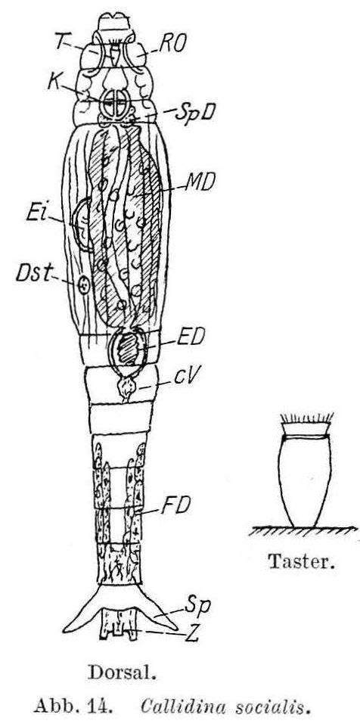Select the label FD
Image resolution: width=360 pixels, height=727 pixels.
click(x=175, y=505)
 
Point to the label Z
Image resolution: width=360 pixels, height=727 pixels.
click(x=191, y=633)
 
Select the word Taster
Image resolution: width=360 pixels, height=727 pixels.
click(x=302, y=562)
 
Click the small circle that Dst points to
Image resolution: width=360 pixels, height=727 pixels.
click(x=84, y=285)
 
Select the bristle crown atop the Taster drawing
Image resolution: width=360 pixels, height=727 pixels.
click(x=306, y=418)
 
